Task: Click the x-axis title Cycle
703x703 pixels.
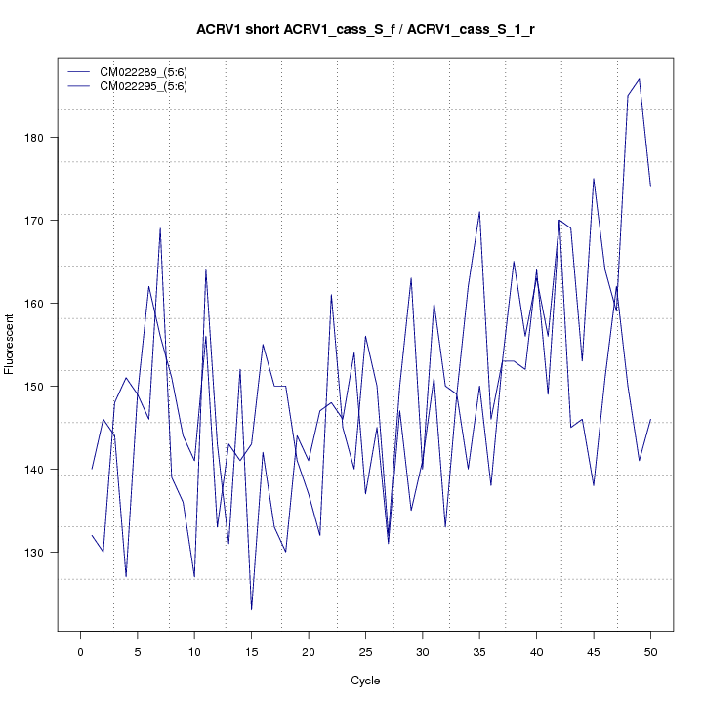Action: point(365,681)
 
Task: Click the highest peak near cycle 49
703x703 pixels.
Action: point(639,79)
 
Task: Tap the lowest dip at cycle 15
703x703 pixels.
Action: point(251,610)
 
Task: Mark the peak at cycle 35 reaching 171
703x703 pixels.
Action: point(479,212)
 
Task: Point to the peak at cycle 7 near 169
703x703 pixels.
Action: point(160,228)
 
